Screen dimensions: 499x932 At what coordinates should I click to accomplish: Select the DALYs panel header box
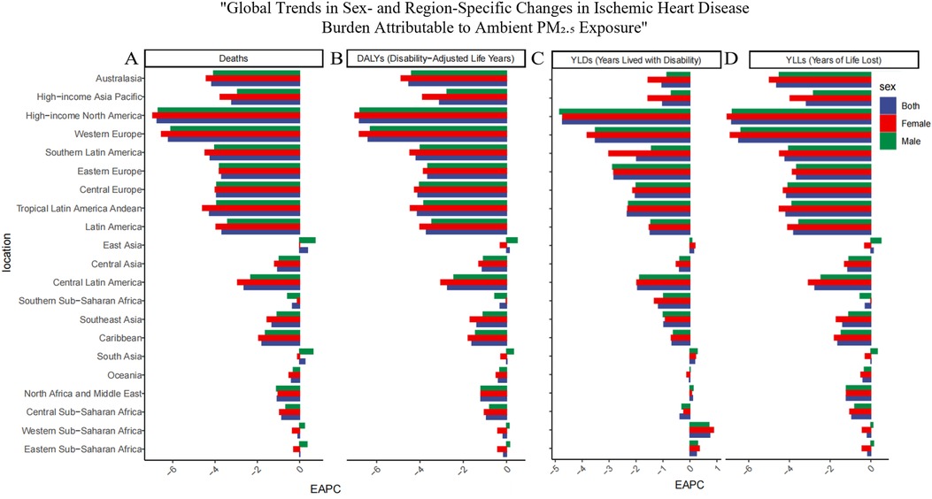tap(428, 59)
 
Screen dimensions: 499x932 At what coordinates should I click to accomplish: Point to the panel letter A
tap(131, 59)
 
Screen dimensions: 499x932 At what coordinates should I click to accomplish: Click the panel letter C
tap(537, 59)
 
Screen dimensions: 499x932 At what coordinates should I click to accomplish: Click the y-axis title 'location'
tap(8, 264)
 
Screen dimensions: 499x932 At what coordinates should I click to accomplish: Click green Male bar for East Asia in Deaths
tap(307, 240)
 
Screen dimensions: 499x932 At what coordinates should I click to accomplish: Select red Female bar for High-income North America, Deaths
tap(226, 115)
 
